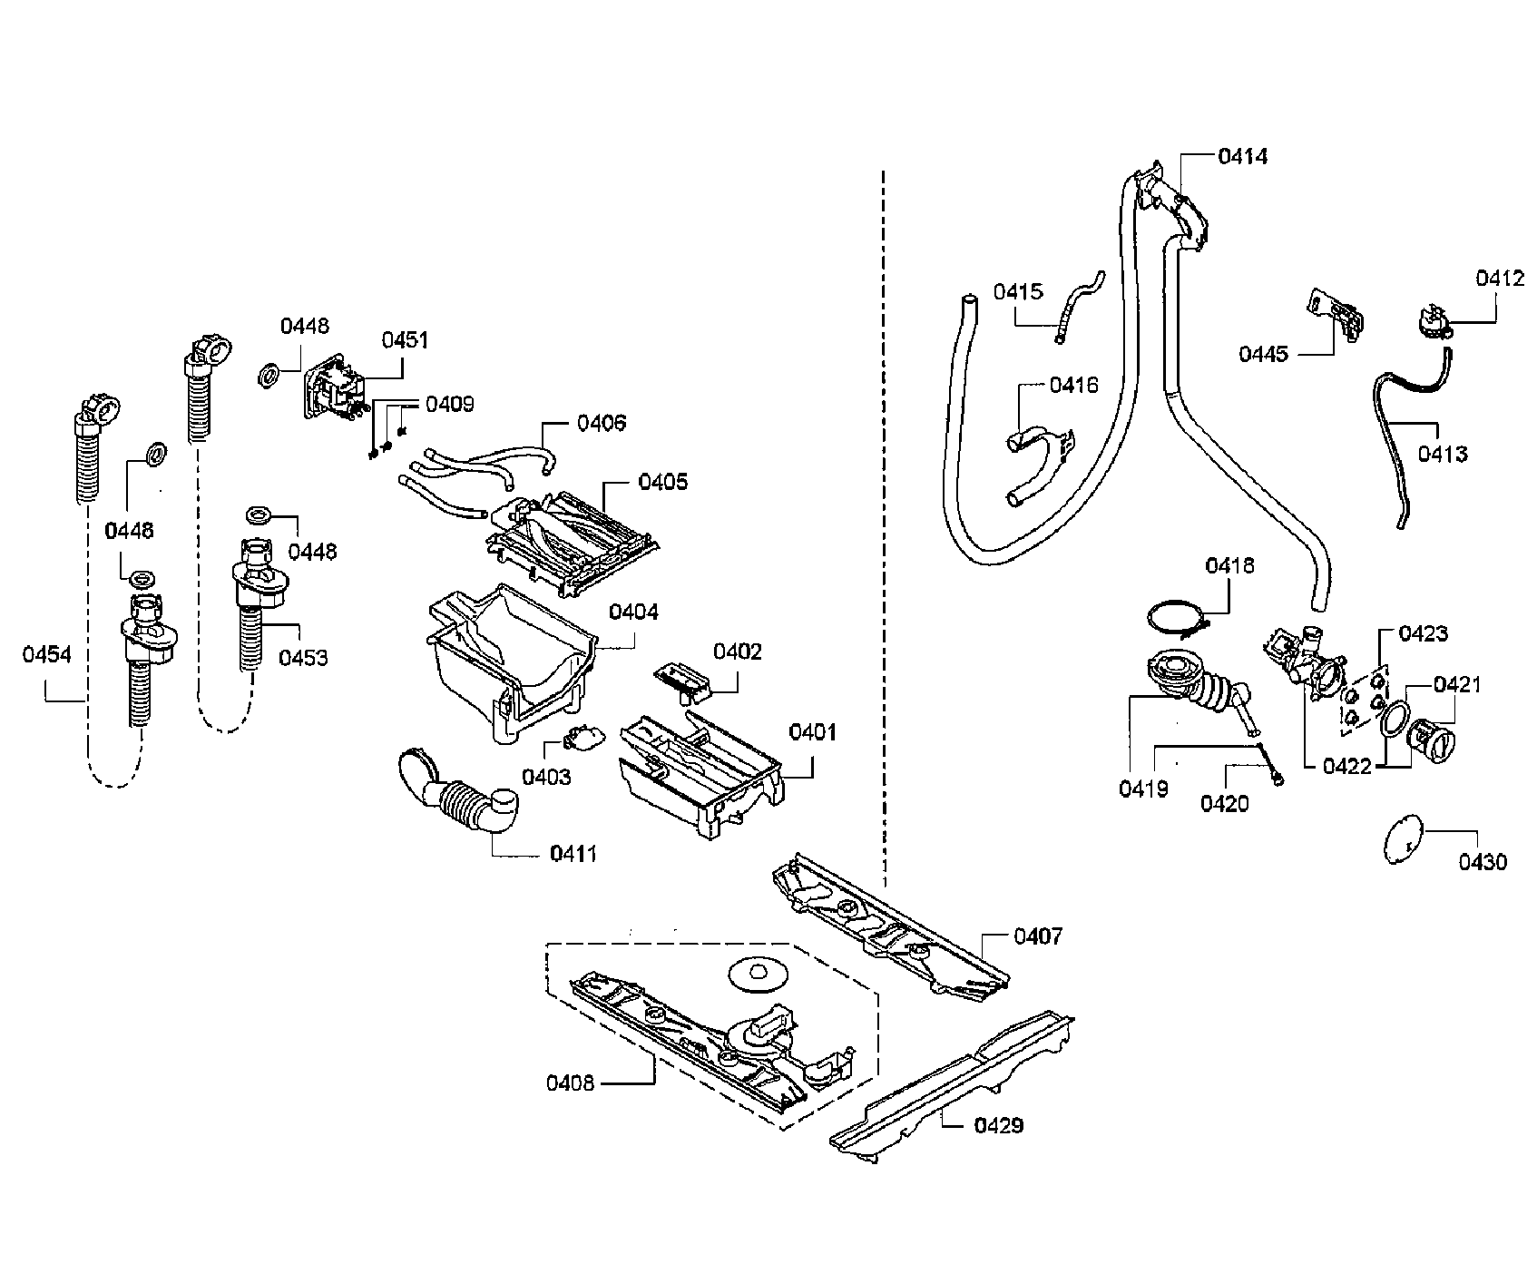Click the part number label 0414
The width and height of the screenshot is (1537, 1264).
pyautogui.click(x=1242, y=157)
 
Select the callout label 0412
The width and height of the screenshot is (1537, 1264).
pyautogui.click(x=1499, y=279)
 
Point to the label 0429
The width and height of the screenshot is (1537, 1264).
pyautogui.click(x=998, y=1125)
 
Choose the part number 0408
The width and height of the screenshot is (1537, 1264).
pyautogui.click(x=570, y=1083)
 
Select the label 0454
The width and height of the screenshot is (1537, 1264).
pyautogui.click(x=46, y=654)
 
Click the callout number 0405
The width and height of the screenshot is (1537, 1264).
pyautogui.click(x=662, y=482)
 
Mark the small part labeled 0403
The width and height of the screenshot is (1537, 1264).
pyautogui.click(x=579, y=739)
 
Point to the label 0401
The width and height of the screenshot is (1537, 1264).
pyautogui.click(x=812, y=731)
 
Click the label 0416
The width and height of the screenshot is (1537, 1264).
pyautogui.click(x=1073, y=385)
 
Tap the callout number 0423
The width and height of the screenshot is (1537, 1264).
pyautogui.click(x=1423, y=633)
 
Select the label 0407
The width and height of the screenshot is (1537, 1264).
pyautogui.click(x=1037, y=936)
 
